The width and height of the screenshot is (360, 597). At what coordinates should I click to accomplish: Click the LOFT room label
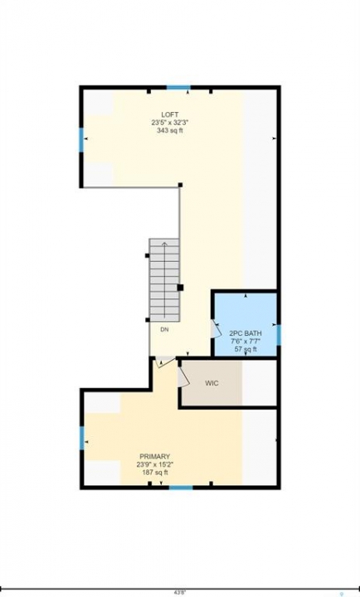click(169, 114)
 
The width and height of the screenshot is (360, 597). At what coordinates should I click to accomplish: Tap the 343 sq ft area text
click(169, 130)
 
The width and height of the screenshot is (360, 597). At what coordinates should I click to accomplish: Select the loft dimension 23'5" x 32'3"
click(169, 123)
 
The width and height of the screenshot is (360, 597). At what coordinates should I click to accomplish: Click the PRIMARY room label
click(154, 457)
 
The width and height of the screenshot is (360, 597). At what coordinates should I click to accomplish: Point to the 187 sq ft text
click(154, 473)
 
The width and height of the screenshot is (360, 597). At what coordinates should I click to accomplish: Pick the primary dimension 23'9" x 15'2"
click(154, 464)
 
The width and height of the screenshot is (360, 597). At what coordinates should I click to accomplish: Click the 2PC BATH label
click(246, 333)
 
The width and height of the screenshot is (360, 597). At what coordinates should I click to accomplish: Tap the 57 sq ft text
click(246, 349)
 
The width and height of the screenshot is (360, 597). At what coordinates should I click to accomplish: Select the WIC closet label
click(212, 383)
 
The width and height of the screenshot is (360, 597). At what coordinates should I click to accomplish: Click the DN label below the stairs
click(164, 330)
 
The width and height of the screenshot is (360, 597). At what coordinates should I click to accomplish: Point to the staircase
click(164, 280)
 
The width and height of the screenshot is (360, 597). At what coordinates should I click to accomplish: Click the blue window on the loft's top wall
click(178, 88)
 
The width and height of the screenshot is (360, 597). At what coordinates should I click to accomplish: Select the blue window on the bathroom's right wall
click(279, 335)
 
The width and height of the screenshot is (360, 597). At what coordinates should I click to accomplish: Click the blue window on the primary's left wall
click(82, 438)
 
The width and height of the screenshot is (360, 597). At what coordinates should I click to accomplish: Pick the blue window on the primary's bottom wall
click(181, 487)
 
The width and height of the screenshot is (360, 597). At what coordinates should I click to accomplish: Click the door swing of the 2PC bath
click(216, 328)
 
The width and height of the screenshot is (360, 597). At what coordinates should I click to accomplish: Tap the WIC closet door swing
click(183, 377)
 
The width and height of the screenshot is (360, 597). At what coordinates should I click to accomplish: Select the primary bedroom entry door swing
click(165, 361)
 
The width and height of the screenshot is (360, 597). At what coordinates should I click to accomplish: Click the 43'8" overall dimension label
click(180, 592)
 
